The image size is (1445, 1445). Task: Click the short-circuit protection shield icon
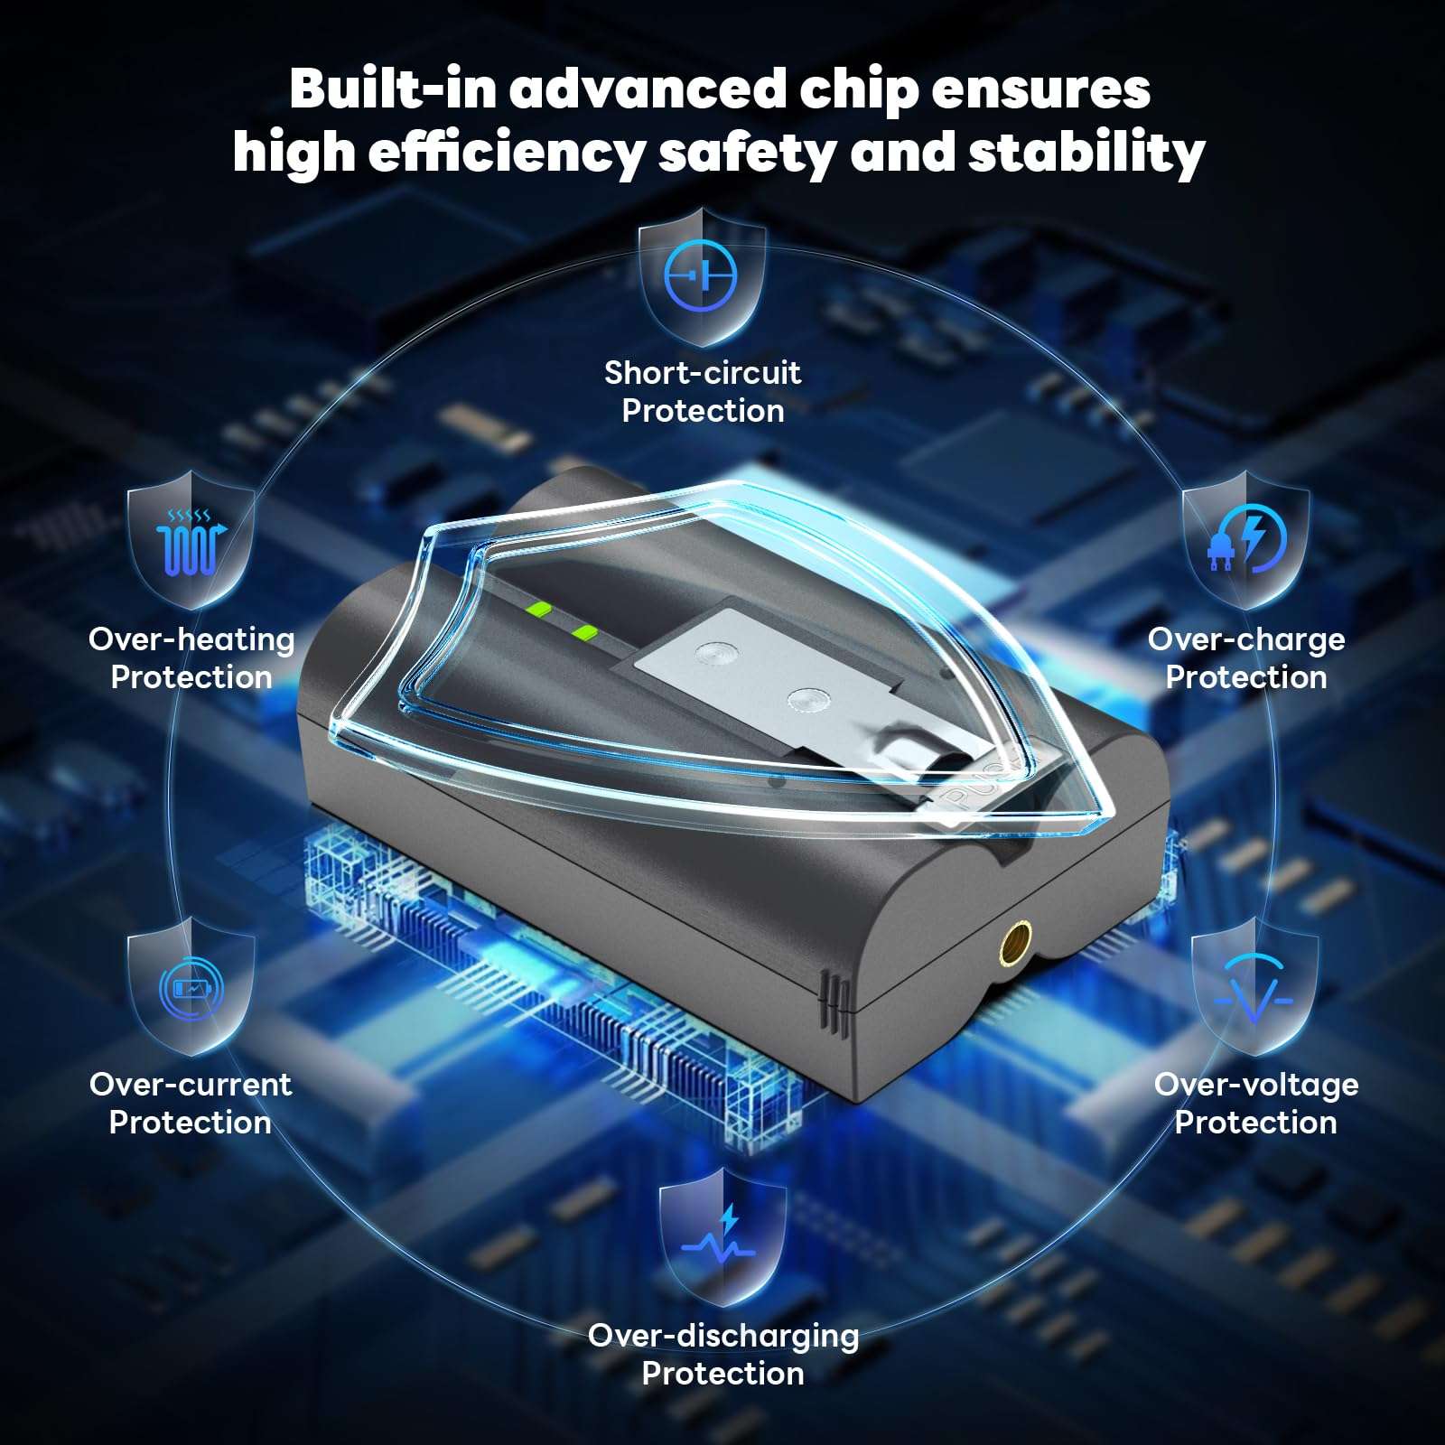(x=702, y=275)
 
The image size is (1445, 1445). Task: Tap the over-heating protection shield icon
(x=191, y=539)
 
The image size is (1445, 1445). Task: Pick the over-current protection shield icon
(x=191, y=986)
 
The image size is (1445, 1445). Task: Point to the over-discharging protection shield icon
(x=722, y=1237)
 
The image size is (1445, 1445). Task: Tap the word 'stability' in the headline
(x=1086, y=153)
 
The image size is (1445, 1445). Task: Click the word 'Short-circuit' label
(x=702, y=372)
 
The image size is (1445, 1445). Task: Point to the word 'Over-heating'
(x=191, y=639)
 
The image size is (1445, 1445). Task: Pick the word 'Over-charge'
(x=1246, y=639)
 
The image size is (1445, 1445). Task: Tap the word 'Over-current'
(x=191, y=1084)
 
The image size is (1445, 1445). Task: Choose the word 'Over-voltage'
(x=1256, y=1085)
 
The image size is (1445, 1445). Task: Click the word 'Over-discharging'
(x=723, y=1336)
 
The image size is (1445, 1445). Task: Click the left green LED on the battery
(x=541, y=608)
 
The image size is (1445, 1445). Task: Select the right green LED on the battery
(x=586, y=632)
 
